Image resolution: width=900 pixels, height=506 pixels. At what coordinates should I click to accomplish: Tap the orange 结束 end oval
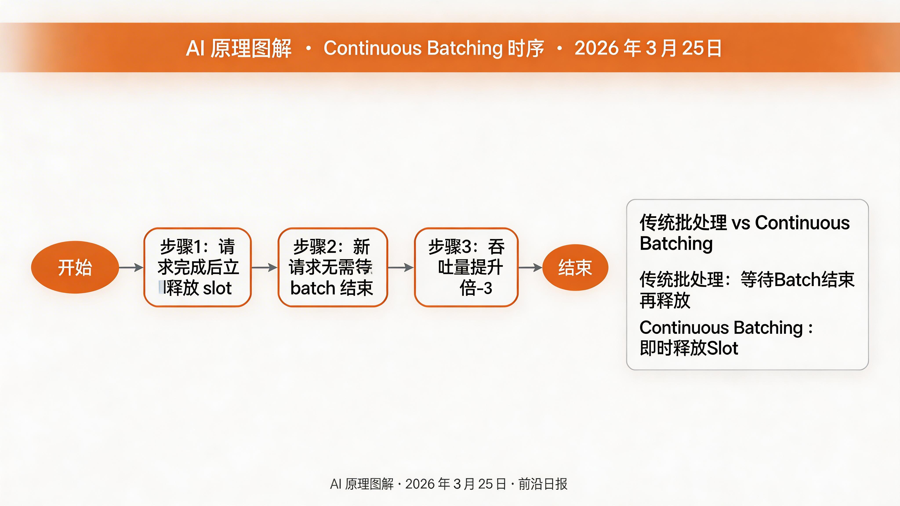point(575,267)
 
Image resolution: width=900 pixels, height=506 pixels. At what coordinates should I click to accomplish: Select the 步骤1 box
point(197,267)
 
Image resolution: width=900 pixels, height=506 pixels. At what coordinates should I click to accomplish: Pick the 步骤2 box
point(332,267)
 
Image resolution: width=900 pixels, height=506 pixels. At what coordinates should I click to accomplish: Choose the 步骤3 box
point(466,267)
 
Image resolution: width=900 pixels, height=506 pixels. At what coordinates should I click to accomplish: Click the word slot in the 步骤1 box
point(217,288)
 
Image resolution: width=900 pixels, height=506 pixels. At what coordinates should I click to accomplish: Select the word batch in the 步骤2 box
point(313,288)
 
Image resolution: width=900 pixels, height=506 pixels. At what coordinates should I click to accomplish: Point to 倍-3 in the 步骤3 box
point(476,288)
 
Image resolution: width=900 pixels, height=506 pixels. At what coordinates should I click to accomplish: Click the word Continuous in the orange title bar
point(372,48)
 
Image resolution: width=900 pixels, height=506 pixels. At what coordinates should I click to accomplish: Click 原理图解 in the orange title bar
point(251,48)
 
